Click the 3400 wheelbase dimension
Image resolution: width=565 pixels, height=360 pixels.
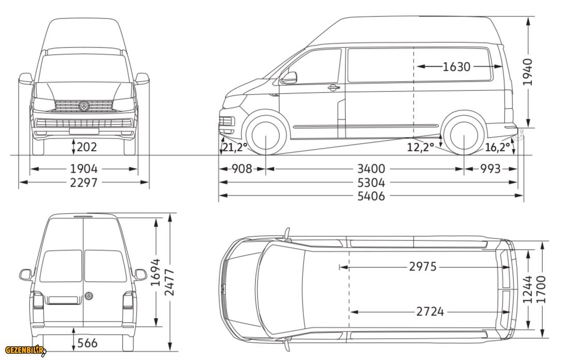371,169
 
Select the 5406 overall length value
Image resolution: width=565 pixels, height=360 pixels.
371,196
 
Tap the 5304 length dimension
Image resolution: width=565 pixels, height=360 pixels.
371,183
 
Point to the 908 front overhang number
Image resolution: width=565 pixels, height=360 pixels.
241,169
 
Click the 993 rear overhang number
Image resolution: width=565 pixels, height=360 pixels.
490,169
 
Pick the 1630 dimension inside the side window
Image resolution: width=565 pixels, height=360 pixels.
456,66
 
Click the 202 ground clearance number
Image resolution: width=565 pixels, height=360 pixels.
86,147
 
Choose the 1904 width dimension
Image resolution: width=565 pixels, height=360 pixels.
83,169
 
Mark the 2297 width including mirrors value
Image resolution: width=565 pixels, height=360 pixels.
83,183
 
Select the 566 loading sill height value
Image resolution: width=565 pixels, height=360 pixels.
86,342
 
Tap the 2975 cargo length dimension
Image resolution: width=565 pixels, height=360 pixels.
423,267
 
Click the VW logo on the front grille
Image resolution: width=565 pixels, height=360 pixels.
83,106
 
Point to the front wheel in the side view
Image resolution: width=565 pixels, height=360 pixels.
265,136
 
